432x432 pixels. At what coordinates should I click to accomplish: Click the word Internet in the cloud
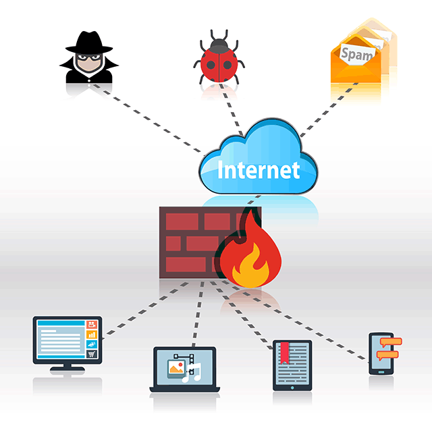click(x=258, y=169)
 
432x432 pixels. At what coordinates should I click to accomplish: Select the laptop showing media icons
click(x=184, y=370)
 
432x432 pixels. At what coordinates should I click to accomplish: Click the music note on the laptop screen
click(x=194, y=369)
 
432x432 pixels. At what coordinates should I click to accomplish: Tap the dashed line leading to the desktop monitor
click(x=135, y=313)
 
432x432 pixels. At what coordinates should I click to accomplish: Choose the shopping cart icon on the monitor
click(x=92, y=353)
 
